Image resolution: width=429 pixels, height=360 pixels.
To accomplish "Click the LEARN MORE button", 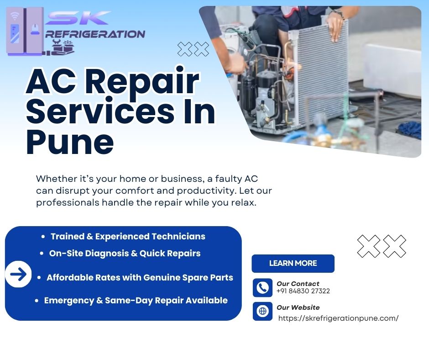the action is [293, 263].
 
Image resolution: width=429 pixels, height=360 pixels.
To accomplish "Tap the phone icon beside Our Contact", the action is [263, 288].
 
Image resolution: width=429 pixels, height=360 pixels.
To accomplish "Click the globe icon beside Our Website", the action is [263, 311].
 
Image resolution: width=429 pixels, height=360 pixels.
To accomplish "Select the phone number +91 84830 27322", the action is [303, 291].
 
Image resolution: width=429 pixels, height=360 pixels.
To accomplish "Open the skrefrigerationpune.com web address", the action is [338, 318].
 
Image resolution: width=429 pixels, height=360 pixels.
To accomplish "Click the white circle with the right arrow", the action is [18, 274].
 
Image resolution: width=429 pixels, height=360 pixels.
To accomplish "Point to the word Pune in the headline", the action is [70, 142].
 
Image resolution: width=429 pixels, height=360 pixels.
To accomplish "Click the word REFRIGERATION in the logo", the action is [95, 34].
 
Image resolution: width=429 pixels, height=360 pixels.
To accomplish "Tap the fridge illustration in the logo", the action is [25, 32].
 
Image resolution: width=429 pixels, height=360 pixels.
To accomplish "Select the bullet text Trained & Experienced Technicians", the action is [128, 237].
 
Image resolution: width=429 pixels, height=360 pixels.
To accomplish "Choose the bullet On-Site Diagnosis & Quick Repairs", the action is [125, 254].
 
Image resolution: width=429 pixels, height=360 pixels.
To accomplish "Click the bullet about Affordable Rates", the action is [140, 277].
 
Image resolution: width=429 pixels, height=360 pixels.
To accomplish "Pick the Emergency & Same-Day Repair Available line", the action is [136, 301].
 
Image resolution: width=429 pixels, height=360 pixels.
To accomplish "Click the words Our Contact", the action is [298, 284].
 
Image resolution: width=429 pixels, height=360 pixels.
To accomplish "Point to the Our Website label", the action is [298, 307].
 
